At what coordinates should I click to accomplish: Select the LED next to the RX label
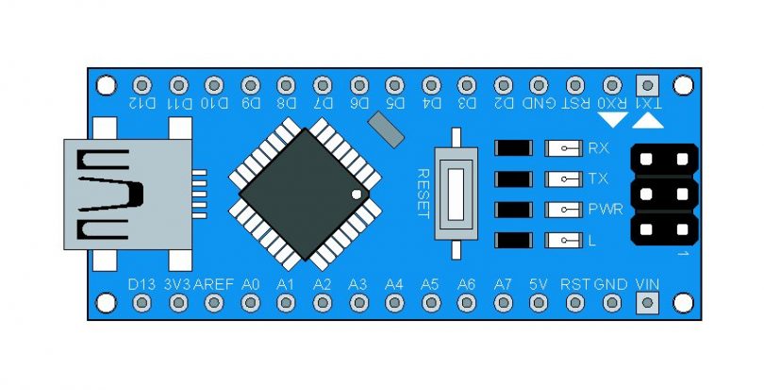point(564,148)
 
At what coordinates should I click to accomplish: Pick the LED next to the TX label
point(564,178)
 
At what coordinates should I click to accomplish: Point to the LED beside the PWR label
point(564,210)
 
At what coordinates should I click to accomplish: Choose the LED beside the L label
point(564,240)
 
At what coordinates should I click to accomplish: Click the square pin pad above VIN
point(647,303)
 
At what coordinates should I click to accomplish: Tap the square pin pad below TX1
point(647,84)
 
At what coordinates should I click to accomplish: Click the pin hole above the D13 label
point(141,303)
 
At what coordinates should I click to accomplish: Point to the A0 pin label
point(250,283)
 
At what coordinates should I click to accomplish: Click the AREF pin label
point(213,283)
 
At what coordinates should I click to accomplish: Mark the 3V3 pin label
point(177,283)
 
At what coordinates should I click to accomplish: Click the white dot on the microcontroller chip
point(356,195)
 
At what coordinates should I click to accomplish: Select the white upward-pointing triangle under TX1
point(647,121)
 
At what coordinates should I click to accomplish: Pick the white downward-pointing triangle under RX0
point(612,120)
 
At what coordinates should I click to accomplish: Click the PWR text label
point(605,210)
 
